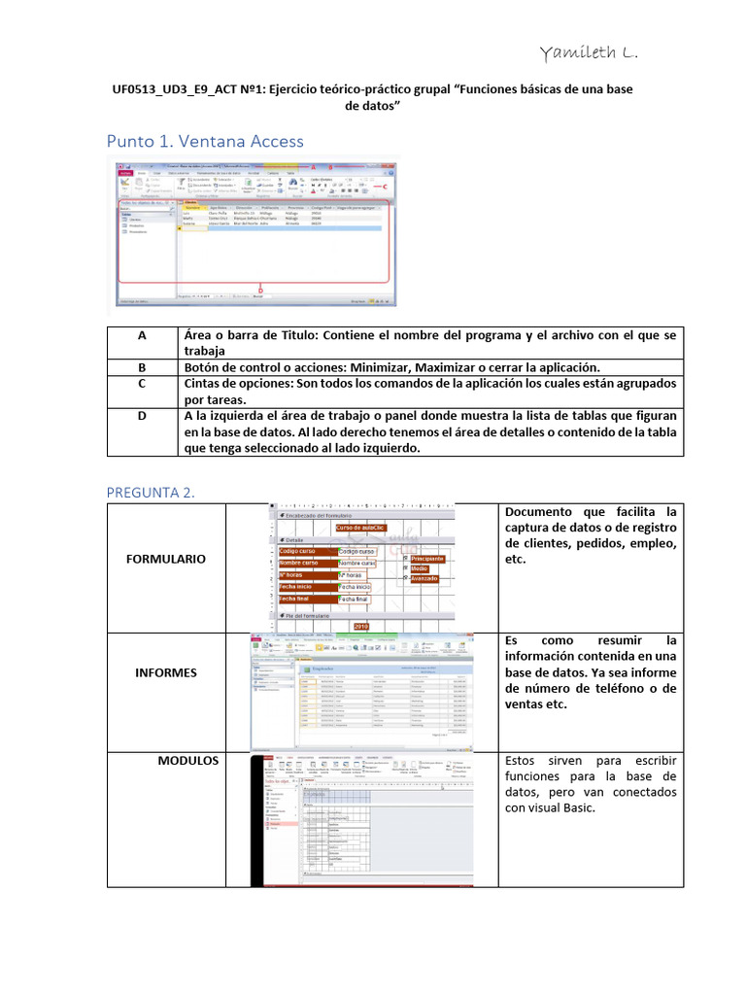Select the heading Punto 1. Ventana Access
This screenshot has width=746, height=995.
205,142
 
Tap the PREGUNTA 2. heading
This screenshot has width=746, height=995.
151,493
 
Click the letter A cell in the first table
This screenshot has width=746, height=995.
142,334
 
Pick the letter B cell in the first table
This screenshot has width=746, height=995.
142,367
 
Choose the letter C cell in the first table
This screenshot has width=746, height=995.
142,384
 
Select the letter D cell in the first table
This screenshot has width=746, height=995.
142,416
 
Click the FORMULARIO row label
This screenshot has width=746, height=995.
165,560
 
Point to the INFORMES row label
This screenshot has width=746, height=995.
165,672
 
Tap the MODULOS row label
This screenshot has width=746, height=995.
188,760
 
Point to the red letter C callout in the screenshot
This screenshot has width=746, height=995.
386,185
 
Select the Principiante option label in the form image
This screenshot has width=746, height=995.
426,559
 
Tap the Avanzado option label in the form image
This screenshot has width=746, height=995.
424,579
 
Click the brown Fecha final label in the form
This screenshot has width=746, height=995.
302,600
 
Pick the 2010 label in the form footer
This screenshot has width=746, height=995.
362,627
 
